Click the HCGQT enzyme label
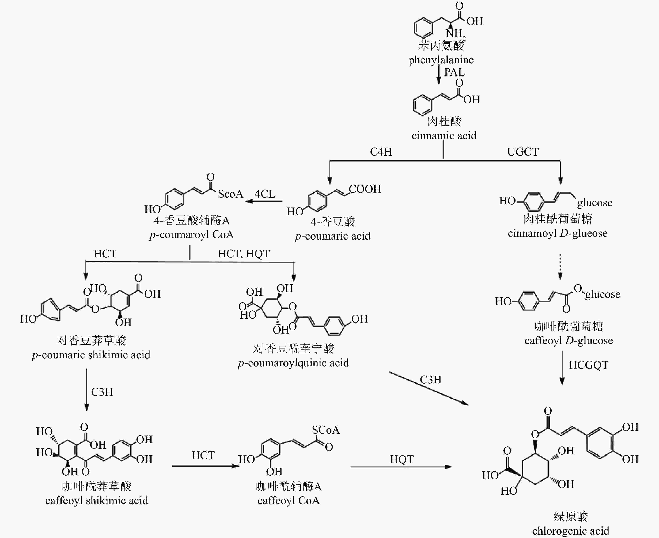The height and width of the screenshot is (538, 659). click(588, 365)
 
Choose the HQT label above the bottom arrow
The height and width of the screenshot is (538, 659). click(402, 459)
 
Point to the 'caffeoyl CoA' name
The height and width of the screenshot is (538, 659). click(289, 501)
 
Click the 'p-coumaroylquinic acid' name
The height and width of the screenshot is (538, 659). click(293, 363)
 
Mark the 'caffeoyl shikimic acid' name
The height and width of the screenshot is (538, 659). click(96, 501)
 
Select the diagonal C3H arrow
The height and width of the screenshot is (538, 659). click(429, 388)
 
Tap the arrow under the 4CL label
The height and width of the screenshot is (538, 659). click(264, 201)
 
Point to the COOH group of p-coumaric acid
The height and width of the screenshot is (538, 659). click(365, 189)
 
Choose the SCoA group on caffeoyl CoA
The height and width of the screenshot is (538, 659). click(326, 430)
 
